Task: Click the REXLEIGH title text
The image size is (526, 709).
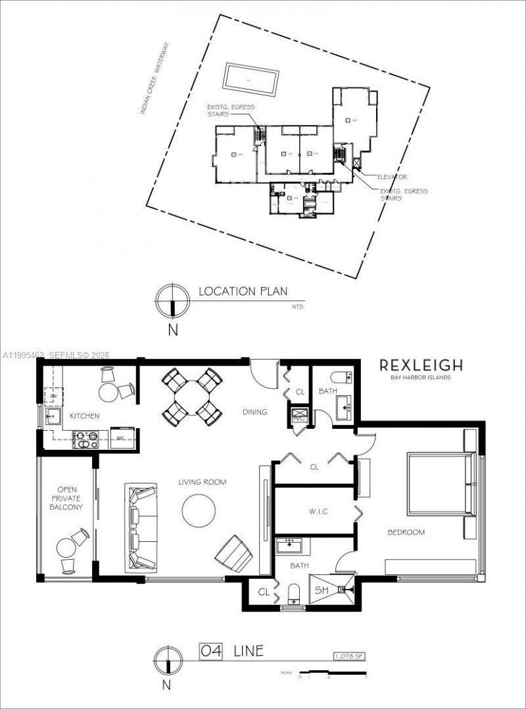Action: coord(421,366)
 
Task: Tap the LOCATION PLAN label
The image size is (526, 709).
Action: coord(243,291)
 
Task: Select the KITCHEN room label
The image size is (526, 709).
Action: coord(85,416)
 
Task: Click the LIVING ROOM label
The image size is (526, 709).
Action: coord(202,482)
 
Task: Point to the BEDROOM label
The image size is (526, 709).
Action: coord(405,532)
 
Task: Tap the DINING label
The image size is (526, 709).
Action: coord(254,412)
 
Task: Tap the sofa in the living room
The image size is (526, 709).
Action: coord(141,527)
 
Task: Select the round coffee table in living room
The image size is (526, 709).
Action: coord(199,510)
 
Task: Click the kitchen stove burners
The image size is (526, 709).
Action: coord(86,438)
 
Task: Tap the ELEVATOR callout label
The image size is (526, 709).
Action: coord(393,177)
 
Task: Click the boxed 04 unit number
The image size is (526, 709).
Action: coord(212,651)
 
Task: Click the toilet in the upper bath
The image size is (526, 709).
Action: coord(341,378)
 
